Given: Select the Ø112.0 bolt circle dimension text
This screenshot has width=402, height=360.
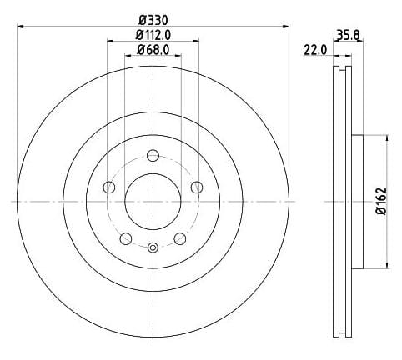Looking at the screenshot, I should coord(153,35).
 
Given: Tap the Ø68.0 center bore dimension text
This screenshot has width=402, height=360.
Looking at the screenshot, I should coord(153,50).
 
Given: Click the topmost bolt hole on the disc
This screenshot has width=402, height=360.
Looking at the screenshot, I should coord(152,155).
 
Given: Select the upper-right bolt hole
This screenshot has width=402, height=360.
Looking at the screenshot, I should coord(196,187).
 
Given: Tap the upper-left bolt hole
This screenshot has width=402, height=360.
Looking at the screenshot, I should coord(108,187).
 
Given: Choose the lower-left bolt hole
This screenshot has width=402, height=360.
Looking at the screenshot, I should coord(125,239).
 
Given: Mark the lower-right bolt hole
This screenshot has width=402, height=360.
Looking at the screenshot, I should coord(179,239).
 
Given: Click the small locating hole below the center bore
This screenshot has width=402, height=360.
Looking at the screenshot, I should coord(152,247).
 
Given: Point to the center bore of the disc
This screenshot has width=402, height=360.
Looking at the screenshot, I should coord(152,201).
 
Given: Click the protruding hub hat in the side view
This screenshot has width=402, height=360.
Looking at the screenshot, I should coord(358,201).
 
